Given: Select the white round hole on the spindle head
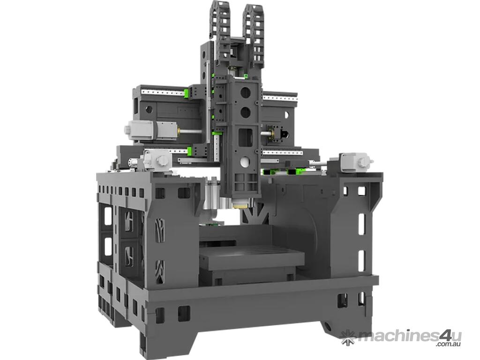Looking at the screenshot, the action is (245, 162).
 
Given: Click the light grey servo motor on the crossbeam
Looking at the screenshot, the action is (150, 130).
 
